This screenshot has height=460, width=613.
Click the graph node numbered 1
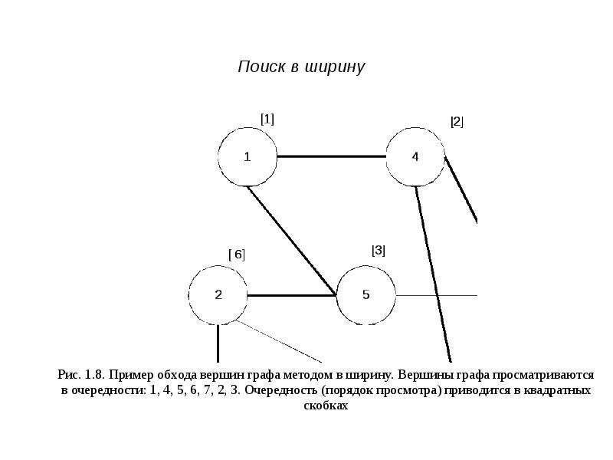pyautogui.click(x=247, y=156)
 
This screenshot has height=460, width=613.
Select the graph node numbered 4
pyautogui.click(x=415, y=156)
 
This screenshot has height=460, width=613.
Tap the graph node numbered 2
pyautogui.click(x=218, y=295)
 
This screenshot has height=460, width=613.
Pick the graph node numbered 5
pyautogui.click(x=366, y=295)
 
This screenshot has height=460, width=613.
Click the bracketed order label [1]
pyautogui.click(x=267, y=119)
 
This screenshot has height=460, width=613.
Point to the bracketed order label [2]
pyautogui.click(x=457, y=122)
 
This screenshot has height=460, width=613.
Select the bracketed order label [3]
pyautogui.click(x=379, y=251)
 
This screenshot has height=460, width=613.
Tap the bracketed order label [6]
pyautogui.click(x=237, y=255)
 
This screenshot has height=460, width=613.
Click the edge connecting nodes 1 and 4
pyautogui.click(x=332, y=156)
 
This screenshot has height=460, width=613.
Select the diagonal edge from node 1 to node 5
pyautogui.click(x=292, y=241)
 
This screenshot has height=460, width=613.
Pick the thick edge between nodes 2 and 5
pyautogui.click(x=292, y=295)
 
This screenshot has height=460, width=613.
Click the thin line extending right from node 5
pyautogui.click(x=436, y=295)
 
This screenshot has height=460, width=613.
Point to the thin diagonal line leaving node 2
pyautogui.click(x=279, y=341)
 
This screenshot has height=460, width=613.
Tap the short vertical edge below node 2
pyautogui.click(x=218, y=343)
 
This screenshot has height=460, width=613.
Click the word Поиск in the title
pyautogui.click(x=261, y=67)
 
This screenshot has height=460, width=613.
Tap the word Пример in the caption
pyautogui.click(x=131, y=376)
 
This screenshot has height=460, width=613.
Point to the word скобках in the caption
pyautogui.click(x=326, y=406)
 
